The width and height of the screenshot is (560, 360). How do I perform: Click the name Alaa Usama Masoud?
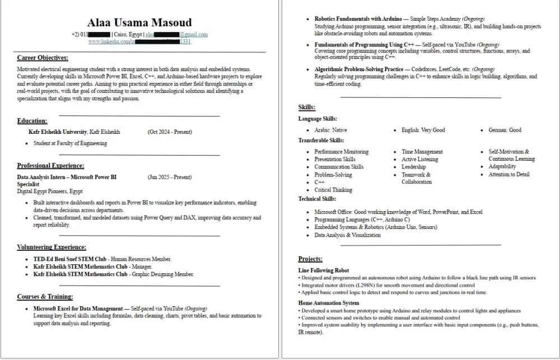139,23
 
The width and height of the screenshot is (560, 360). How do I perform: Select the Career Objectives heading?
43,58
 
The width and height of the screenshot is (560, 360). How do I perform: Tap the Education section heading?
32,121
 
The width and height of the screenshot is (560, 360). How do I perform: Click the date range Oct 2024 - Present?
170,132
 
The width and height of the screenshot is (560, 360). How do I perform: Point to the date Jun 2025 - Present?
170,177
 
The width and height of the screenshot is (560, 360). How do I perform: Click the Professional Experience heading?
50,166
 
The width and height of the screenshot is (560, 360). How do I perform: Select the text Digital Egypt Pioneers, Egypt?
50,191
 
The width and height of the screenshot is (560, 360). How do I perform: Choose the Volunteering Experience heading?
52,247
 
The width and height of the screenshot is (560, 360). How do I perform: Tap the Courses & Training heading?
45,296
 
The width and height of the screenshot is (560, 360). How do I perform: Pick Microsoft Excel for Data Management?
78,308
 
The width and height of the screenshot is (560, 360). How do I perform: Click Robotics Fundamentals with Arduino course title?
358,19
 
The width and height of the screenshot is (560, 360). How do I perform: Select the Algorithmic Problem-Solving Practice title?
367,69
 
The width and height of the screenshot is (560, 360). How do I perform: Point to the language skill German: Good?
505,130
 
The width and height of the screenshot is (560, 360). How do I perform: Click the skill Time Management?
422,152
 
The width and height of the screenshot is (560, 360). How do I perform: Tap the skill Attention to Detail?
508,175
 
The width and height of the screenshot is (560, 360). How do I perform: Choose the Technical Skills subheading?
317,199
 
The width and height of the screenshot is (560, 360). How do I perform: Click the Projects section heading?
310,259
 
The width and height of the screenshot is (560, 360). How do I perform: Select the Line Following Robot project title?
324,270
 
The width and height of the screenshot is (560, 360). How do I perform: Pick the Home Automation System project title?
329,303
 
